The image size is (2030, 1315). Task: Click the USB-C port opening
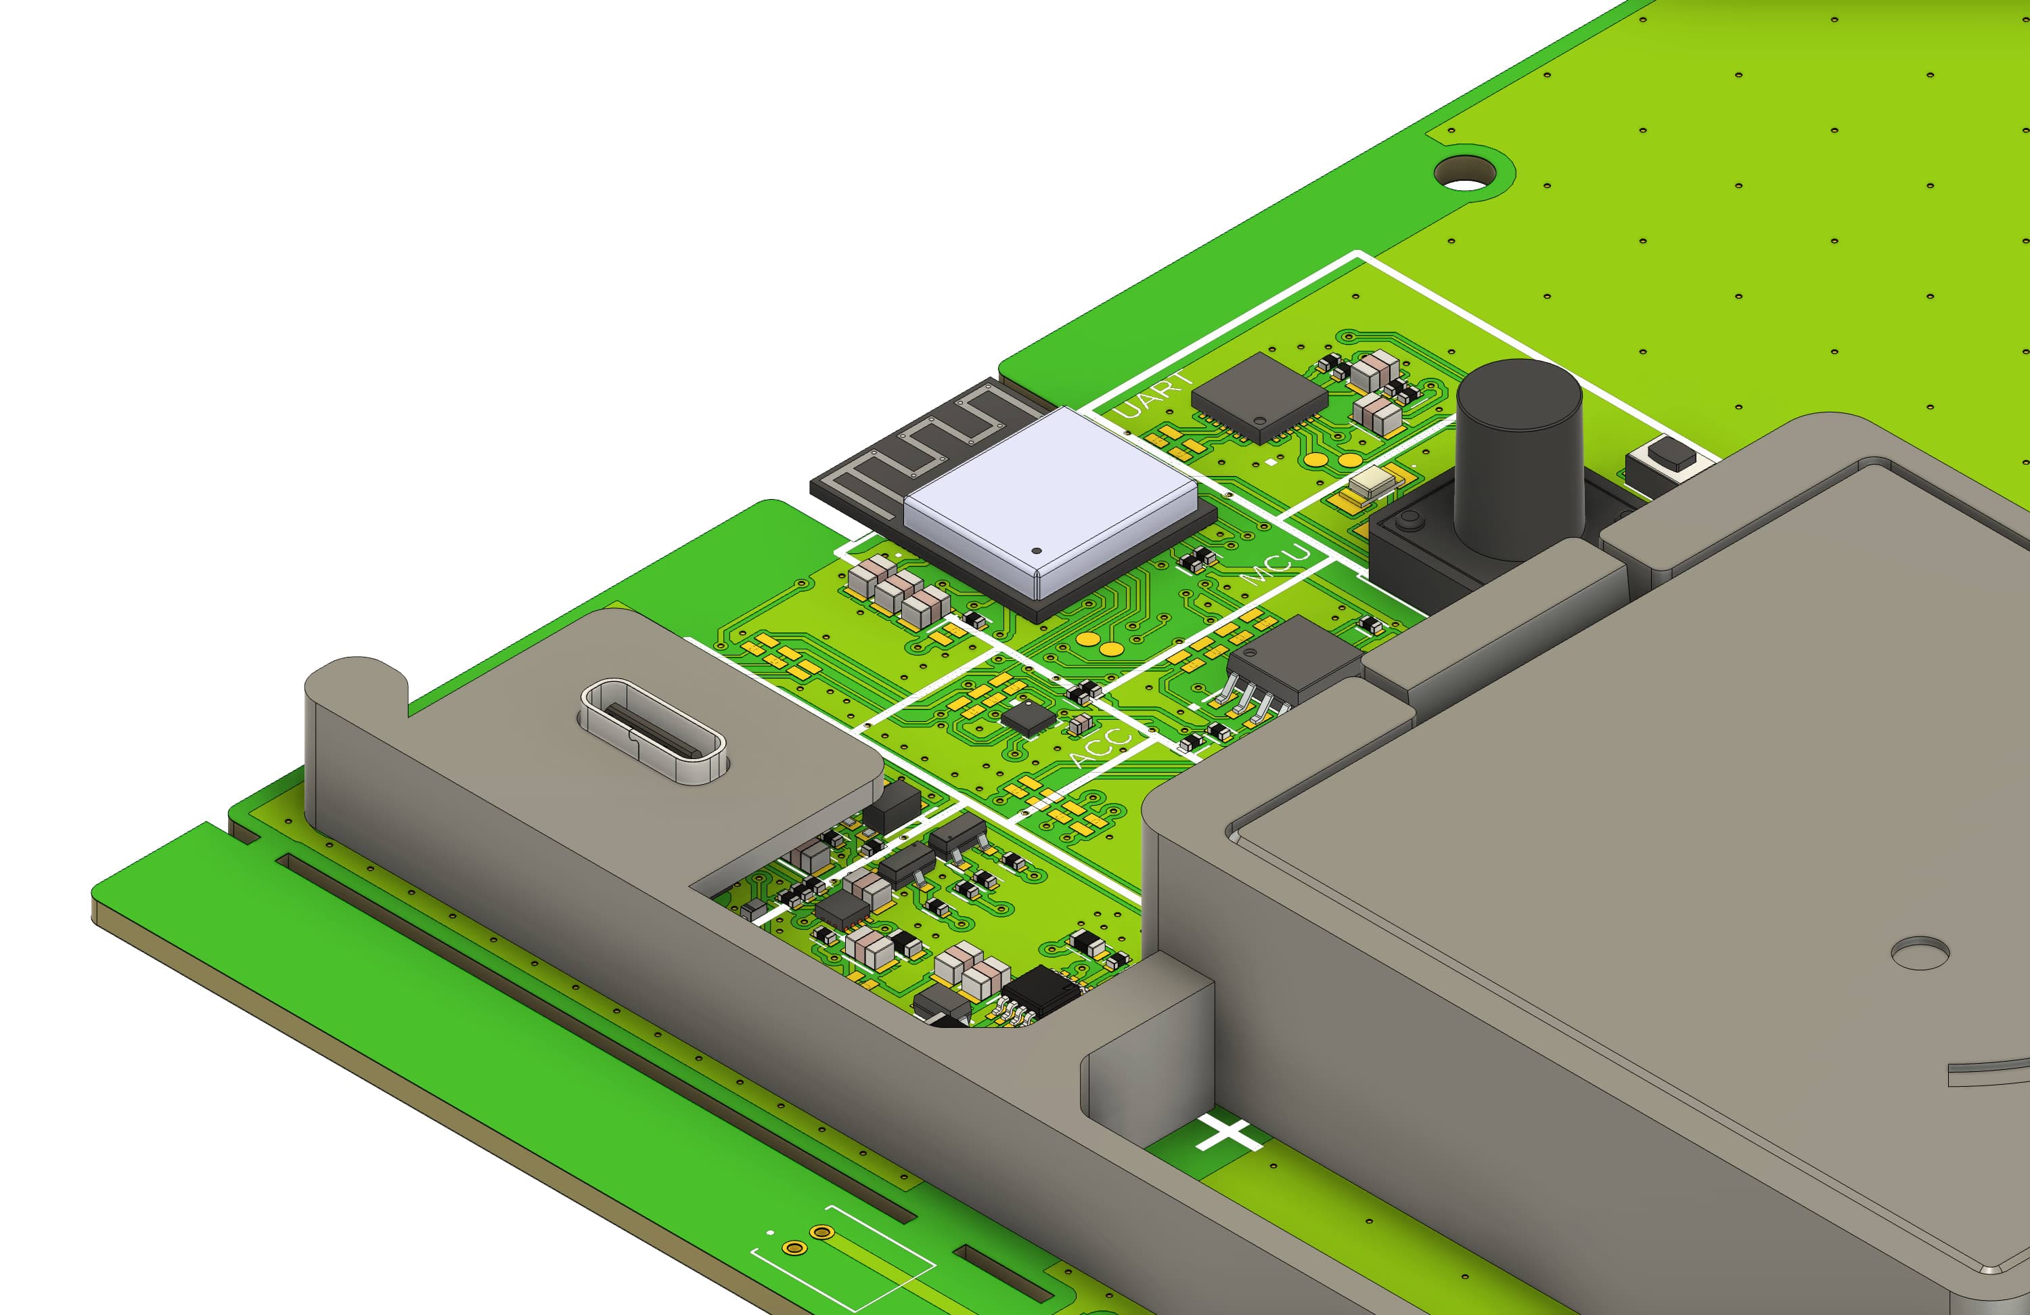coord(654,731)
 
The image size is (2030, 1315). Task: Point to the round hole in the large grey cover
coord(1919,952)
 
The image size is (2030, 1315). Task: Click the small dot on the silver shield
coord(1037,551)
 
